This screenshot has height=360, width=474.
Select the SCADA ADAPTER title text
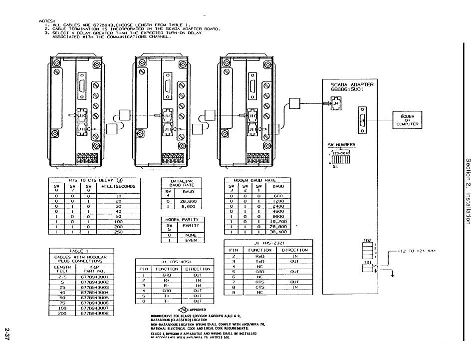352,87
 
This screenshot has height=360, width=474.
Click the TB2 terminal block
367,250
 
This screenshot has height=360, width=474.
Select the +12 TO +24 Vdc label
416,251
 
